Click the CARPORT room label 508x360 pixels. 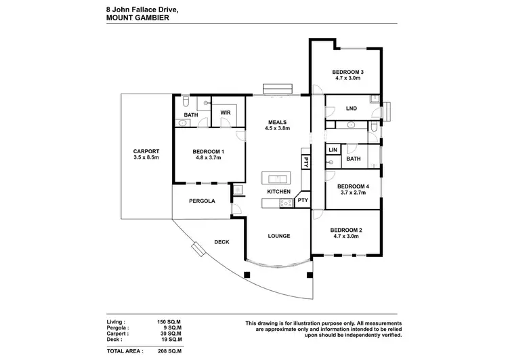coord(146,151)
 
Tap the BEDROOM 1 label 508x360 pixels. coord(208,151)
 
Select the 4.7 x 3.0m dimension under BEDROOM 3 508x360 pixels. coord(347,79)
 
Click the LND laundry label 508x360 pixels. coord(351,108)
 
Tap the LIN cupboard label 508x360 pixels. coord(333,150)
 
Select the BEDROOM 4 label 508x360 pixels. coord(353,186)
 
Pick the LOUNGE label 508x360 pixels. coord(278,236)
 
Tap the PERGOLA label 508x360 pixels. coord(202,201)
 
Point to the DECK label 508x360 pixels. coord(221,241)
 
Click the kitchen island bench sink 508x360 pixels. coord(278,179)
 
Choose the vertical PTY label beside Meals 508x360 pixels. coord(306,163)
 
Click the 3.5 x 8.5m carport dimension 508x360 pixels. coord(146,158)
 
